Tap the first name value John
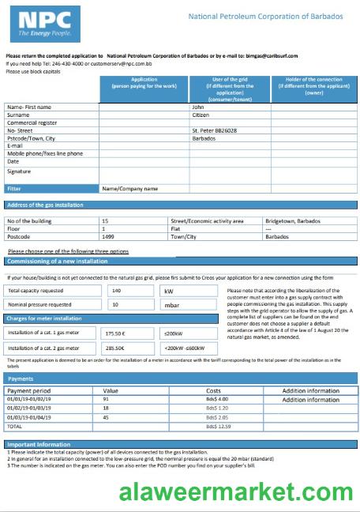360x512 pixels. click(x=199, y=107)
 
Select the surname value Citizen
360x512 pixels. click(x=202, y=115)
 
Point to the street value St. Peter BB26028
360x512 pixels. click(x=215, y=130)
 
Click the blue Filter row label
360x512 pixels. click(x=14, y=189)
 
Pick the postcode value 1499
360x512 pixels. click(x=109, y=236)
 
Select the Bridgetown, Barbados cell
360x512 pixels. click(x=292, y=220)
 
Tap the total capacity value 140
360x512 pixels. click(x=118, y=291)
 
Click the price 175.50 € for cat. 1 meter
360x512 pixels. click(x=116, y=333)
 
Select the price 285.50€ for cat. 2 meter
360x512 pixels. click(x=116, y=348)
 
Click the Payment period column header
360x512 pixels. click(x=28, y=391)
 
